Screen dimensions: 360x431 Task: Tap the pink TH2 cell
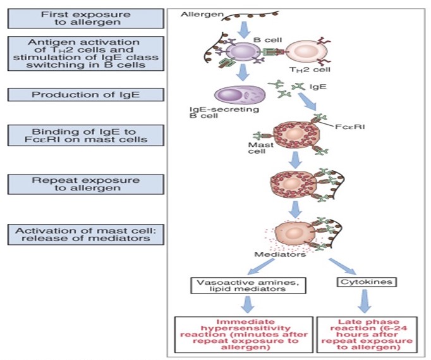pos(305,53)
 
